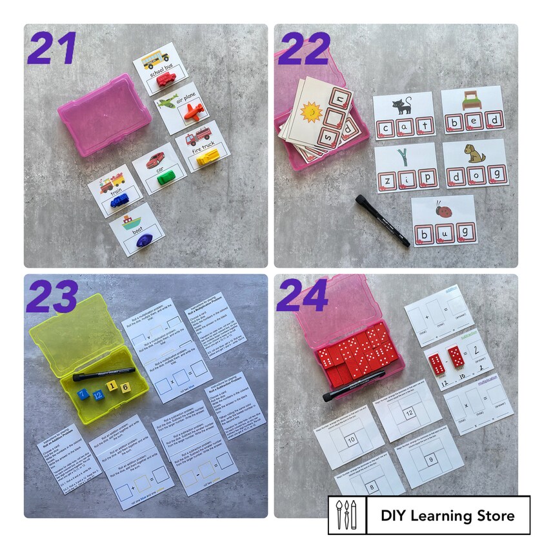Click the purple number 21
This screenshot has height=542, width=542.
pos(52,50)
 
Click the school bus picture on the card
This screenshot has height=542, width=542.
pos(155,59)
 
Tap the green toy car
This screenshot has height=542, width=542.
pos(165,178)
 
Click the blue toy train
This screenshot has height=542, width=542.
pos(120,201)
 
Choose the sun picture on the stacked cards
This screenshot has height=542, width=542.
pos(312,114)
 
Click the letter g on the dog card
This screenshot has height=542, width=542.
pos(496,174)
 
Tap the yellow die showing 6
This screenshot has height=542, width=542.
pos(125,386)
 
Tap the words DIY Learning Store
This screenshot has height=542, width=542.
pos(447,516)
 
